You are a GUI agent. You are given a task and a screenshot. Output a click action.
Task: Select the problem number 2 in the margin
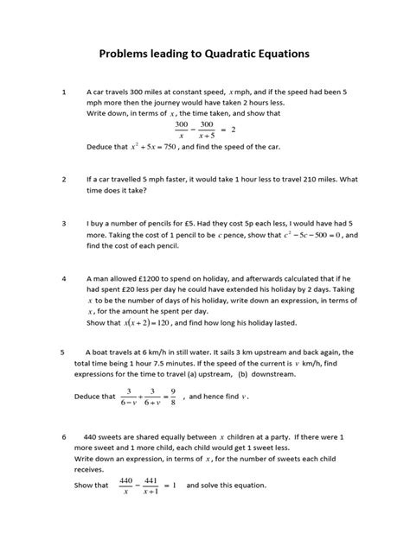coord(63,180)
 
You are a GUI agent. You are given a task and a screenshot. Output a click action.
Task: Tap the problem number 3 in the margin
coord(63,223)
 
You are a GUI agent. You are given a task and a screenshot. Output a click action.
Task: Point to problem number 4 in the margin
coord(63,280)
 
